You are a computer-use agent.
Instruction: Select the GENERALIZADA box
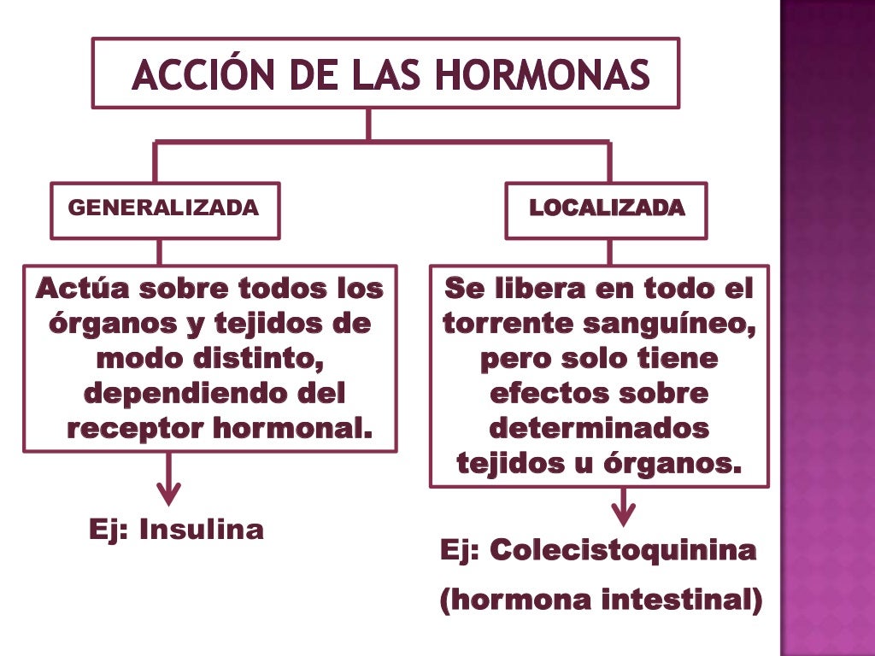[164, 209]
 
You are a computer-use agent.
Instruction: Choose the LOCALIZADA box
[606, 209]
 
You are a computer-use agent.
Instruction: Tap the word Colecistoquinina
[624, 551]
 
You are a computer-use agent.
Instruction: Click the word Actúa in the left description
[80, 289]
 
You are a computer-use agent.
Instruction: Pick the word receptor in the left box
[126, 427]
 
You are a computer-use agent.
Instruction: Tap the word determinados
[599, 427]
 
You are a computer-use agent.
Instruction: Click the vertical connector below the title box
[368, 124]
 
